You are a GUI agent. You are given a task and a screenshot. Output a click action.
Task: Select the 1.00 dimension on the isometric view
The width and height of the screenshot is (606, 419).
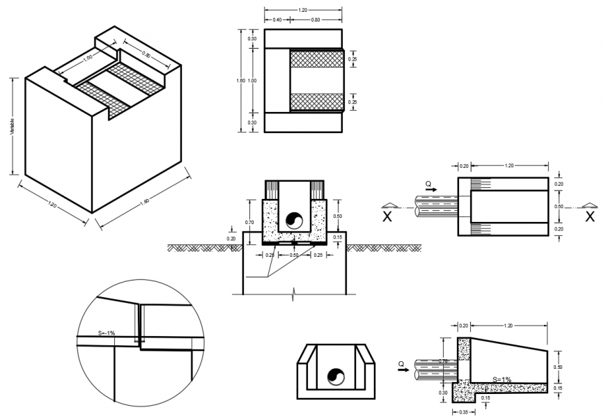(88, 58)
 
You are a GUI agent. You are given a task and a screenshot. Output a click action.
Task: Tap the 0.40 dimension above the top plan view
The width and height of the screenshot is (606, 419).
(277, 19)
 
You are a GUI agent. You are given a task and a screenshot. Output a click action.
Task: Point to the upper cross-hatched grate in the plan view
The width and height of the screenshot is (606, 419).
(317, 59)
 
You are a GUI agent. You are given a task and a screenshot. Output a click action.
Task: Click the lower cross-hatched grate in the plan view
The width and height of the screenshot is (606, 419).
(317, 102)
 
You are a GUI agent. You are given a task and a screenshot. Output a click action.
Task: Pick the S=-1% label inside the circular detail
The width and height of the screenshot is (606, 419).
(106, 334)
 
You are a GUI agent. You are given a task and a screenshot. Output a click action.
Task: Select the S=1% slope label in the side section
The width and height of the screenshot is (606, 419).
(502, 379)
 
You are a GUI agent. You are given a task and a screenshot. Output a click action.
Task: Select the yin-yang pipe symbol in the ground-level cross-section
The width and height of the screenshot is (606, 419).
(295, 220)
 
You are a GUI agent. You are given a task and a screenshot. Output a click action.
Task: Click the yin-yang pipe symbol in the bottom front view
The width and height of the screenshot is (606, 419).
(336, 377)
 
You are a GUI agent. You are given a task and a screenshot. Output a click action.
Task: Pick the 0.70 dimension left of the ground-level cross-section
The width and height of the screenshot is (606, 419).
(249, 222)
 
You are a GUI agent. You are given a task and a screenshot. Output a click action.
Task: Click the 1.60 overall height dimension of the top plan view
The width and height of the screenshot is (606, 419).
(240, 81)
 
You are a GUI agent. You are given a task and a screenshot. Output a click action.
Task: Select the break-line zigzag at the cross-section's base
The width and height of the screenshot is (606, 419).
(294, 290)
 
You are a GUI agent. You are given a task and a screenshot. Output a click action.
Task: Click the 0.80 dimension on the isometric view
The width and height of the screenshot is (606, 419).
(147, 55)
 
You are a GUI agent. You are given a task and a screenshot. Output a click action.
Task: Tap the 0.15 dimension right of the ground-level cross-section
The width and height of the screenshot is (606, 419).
(338, 238)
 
